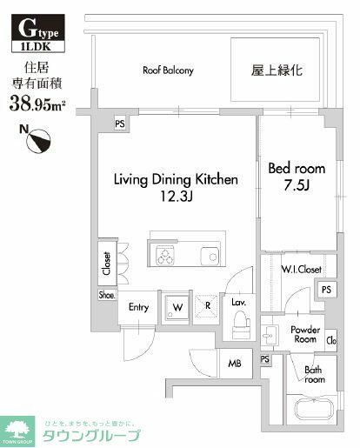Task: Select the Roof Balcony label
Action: coord(168,70)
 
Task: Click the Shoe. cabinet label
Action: coord(106,295)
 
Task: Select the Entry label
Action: coord(138,308)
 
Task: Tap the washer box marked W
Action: coord(177,307)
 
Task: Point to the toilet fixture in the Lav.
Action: coord(242,330)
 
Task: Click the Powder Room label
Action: coord(304,335)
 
